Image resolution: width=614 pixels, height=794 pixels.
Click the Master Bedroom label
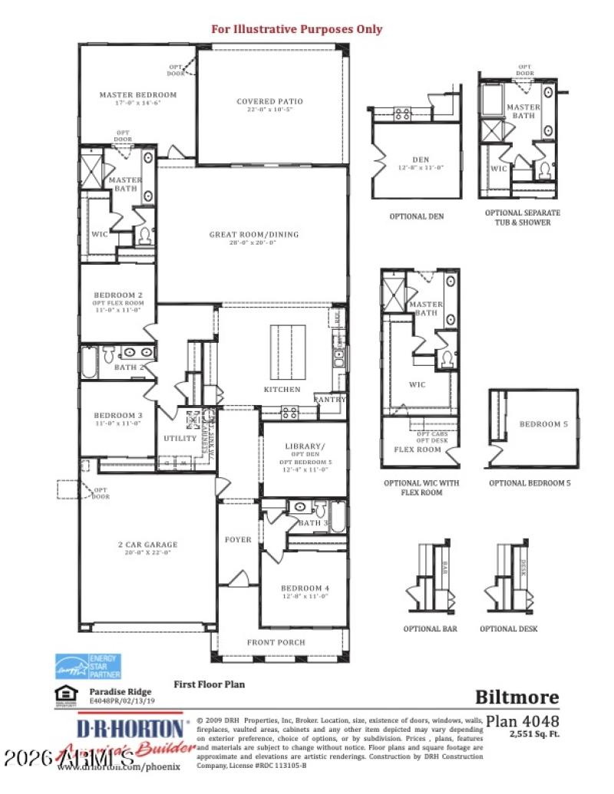137,95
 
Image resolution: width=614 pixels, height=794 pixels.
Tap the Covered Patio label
269,101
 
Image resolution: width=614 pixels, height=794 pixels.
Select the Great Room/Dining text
253,235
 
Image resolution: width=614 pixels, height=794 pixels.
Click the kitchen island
286,352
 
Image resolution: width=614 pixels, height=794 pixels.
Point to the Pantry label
331,400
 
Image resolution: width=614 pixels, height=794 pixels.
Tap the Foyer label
238,539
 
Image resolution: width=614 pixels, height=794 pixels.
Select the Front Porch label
276,642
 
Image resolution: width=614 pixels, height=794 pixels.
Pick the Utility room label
180,439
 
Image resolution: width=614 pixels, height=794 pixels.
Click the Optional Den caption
416,216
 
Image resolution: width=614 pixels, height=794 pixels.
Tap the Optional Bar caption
431,629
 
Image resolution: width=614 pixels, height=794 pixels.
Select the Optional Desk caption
509,629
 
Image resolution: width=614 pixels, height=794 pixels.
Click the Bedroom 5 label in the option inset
543,424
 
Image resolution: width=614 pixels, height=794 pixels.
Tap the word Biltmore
517,697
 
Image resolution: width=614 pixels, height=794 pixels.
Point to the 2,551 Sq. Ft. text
534,734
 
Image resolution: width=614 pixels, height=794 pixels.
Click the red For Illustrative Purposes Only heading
296,29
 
